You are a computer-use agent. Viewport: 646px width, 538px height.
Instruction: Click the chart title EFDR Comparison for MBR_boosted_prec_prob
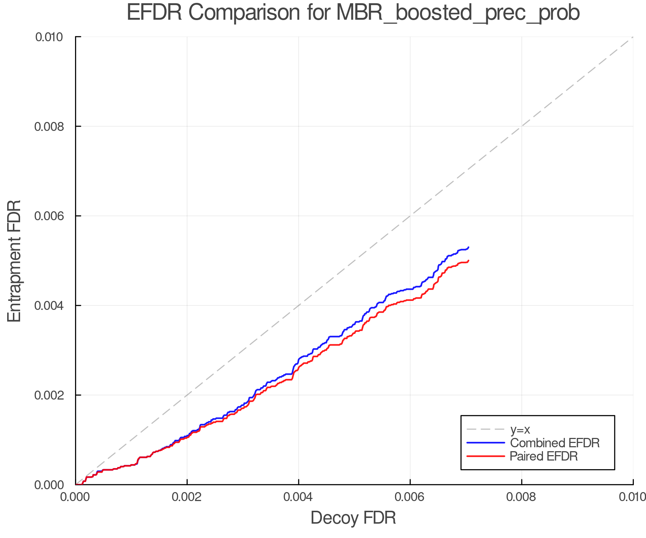353,13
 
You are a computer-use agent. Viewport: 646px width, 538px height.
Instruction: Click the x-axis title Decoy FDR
353,518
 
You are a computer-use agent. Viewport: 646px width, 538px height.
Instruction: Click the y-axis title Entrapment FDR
14,261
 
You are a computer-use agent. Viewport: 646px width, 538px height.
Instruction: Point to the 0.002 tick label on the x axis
187,497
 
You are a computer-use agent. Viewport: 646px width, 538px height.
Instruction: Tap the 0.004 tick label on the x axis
299,497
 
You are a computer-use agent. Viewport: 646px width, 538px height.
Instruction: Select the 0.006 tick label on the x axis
410,497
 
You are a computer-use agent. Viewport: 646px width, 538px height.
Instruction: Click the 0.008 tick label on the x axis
521,497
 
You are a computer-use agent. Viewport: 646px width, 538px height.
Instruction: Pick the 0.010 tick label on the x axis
632,497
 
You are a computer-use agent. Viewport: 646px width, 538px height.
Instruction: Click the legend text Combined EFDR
555,443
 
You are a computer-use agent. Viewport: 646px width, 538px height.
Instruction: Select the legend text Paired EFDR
544,456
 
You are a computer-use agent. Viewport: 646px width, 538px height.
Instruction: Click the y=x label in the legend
520,429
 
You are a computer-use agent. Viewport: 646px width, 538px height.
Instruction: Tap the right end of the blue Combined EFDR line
469,247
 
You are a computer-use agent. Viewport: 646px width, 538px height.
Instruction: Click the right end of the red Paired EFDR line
469,260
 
